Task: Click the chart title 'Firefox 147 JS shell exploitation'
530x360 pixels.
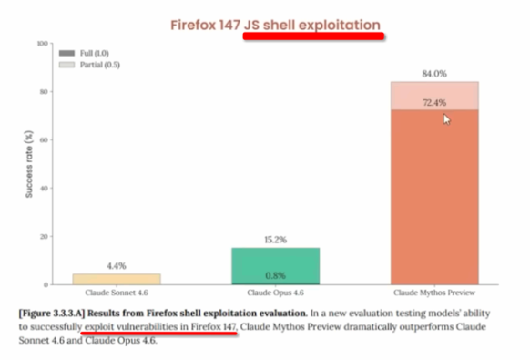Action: [x=275, y=25]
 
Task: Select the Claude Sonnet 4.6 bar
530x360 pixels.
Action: [x=117, y=279]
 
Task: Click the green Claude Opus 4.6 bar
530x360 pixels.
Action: [x=276, y=266]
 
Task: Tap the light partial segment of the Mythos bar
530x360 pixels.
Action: [x=434, y=96]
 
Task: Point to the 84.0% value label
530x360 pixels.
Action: [x=434, y=74]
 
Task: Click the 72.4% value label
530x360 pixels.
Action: [x=434, y=102]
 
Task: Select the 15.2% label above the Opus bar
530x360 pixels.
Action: [x=276, y=240]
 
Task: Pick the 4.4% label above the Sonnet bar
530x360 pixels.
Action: [x=117, y=266]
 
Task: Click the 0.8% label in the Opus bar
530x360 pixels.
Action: [x=276, y=276]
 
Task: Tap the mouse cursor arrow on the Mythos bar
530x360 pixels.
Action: [x=446, y=119]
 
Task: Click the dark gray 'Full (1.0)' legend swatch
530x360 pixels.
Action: [x=66, y=53]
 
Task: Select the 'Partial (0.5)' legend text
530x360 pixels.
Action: [x=99, y=65]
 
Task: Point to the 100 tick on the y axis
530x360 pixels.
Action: [x=42, y=44]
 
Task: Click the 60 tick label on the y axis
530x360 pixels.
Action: [x=44, y=139]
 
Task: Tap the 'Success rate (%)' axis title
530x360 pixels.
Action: [x=29, y=164]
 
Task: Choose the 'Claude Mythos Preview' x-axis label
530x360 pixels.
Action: [x=434, y=293]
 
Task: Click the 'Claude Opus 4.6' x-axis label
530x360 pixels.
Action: [x=276, y=293]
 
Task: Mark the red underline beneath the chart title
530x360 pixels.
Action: [x=313, y=36]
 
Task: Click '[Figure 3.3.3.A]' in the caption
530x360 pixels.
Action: [x=51, y=314]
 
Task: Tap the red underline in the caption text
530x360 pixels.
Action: [x=158, y=334]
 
